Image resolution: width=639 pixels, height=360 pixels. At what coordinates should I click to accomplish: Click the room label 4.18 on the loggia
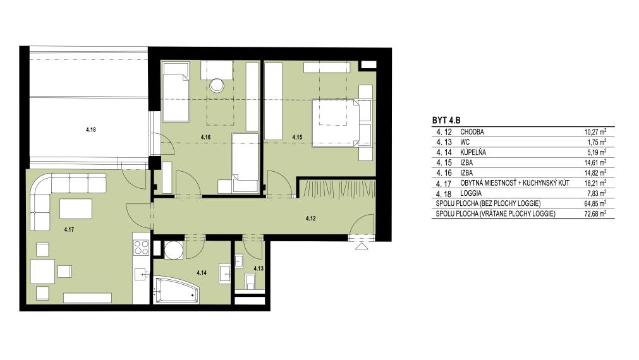[x=91, y=130]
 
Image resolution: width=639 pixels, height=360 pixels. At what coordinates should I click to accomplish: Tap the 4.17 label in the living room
[x=69, y=230]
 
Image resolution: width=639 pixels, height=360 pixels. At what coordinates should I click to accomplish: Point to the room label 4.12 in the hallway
[x=310, y=219]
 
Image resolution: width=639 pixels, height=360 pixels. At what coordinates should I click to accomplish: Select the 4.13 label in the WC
[x=259, y=269]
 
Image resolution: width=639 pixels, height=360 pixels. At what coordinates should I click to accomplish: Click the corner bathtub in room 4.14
[x=176, y=289]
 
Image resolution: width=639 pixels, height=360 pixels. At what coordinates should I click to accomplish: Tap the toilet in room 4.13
[x=251, y=280]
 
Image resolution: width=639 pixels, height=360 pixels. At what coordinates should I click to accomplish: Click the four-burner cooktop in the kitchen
[x=142, y=247]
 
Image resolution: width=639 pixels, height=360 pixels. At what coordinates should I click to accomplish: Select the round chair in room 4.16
[x=216, y=85]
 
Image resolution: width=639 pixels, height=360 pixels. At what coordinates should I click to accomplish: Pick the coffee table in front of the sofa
[x=76, y=209]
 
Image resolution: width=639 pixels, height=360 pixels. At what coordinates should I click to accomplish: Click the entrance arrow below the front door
[x=360, y=246]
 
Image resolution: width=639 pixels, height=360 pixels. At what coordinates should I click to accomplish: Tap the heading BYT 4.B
[x=446, y=121]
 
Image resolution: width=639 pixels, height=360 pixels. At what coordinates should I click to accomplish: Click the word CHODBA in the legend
[x=472, y=132]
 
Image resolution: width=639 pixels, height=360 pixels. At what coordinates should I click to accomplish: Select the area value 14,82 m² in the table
[x=595, y=172]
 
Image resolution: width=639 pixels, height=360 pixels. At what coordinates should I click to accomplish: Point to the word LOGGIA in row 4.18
[x=471, y=193]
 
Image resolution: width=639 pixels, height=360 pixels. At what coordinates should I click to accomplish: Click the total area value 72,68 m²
[x=595, y=213]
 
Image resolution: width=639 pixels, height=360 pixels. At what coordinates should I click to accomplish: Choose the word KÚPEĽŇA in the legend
[x=473, y=152]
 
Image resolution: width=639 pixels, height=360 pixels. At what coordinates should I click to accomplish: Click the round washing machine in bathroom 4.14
[x=174, y=250]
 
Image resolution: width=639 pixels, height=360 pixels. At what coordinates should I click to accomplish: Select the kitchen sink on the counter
[x=142, y=274]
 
